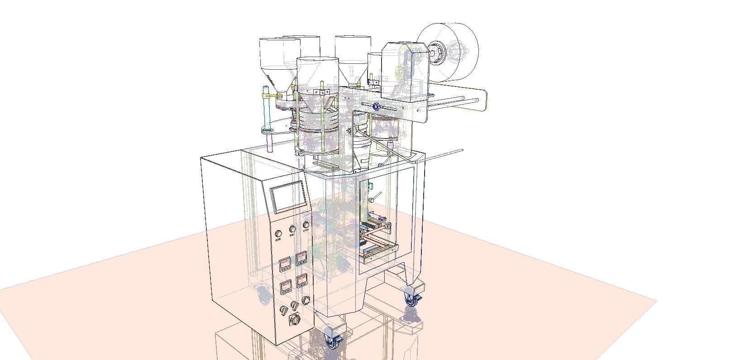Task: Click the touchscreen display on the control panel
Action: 288,196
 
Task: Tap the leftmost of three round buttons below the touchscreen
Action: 278,234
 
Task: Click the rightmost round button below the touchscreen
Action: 306,225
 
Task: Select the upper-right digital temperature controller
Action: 301,259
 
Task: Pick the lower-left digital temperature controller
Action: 286,287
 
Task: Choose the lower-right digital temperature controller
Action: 302,281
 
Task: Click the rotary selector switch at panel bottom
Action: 295,320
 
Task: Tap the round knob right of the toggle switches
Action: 306,300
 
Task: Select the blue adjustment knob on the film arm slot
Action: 376,107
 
